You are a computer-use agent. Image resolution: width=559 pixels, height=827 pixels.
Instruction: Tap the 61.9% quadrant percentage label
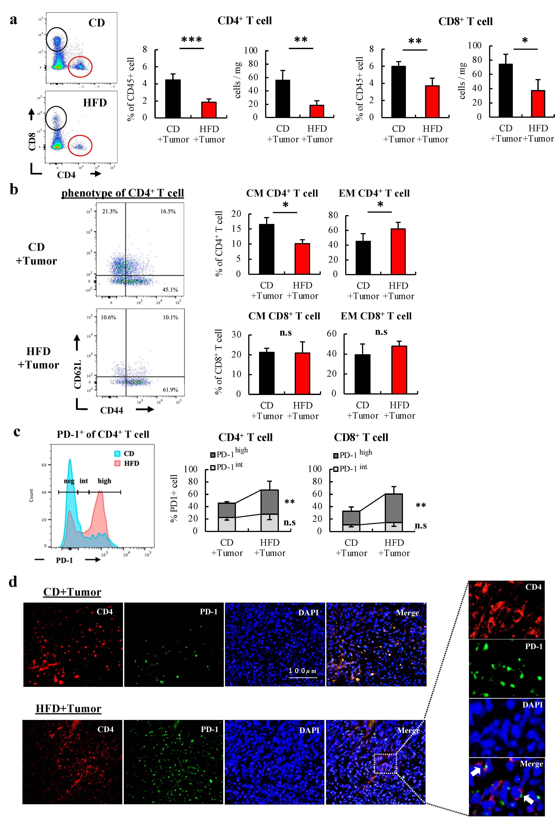[x=170, y=390]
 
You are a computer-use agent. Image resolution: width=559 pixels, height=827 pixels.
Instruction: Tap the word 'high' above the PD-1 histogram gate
[x=104, y=481]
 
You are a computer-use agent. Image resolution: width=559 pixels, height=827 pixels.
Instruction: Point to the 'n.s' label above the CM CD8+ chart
[x=286, y=333]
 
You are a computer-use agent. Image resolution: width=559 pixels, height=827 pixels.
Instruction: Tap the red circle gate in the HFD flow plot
[x=80, y=146]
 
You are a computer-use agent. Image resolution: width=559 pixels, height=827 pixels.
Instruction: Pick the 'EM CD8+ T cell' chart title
[x=376, y=316]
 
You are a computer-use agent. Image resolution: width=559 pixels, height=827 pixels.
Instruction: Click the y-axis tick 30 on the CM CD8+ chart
[x=236, y=334]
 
